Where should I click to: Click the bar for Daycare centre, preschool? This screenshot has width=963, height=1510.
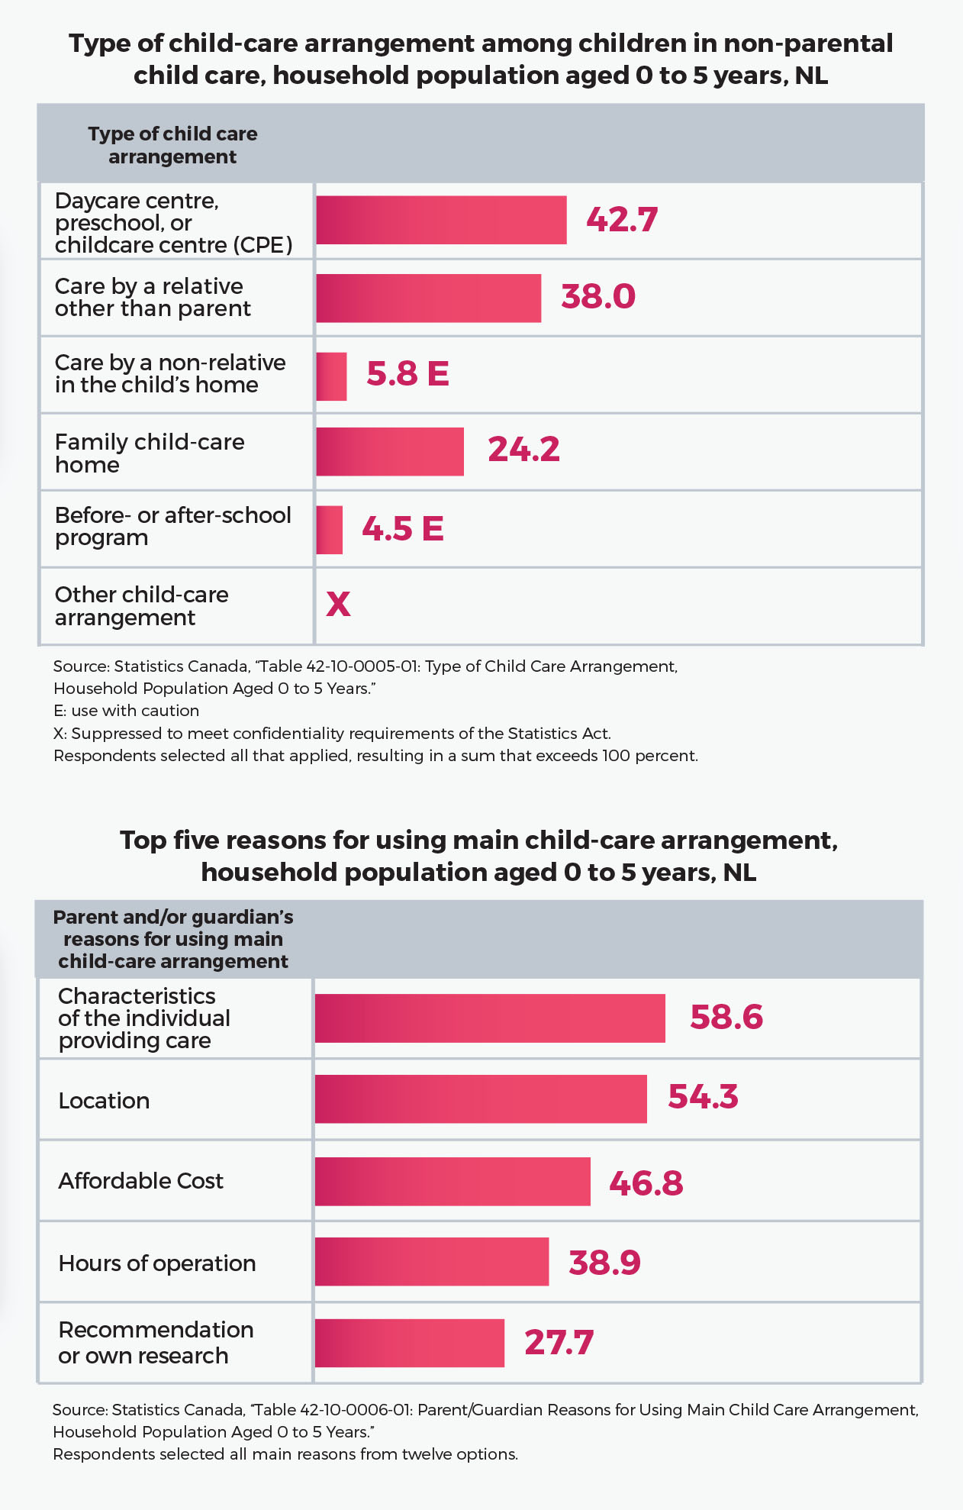(441, 220)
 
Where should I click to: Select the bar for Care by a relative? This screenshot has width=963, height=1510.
(428, 298)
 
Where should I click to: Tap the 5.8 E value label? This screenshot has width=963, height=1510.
(407, 374)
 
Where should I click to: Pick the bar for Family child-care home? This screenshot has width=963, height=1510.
(389, 451)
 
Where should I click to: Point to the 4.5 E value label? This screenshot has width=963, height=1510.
(402, 528)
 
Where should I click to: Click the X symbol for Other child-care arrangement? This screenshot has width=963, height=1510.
(338, 605)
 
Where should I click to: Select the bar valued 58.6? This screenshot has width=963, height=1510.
(489, 1018)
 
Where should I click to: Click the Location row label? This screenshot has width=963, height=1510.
(104, 1101)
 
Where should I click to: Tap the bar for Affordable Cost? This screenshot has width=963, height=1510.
(453, 1182)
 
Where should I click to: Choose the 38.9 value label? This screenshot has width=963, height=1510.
(604, 1263)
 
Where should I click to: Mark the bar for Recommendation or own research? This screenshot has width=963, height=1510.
(409, 1343)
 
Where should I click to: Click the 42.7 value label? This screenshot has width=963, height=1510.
(621, 220)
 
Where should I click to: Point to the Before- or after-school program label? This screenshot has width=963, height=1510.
(172, 527)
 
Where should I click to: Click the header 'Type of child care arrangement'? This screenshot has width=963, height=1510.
(172, 145)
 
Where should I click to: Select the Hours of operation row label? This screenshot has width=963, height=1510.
(156, 1263)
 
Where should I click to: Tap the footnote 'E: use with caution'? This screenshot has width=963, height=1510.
(126, 711)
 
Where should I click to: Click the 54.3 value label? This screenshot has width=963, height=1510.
(703, 1097)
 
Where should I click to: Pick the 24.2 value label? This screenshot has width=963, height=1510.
(523, 450)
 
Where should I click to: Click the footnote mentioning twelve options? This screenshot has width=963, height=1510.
(285, 1454)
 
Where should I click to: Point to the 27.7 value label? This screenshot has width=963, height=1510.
(559, 1343)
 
